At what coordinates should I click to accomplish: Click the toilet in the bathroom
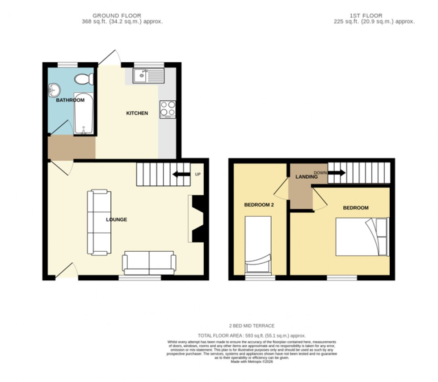click(83, 79)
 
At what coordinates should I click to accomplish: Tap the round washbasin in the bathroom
click(54, 90)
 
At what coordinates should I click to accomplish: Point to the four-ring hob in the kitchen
click(167, 109)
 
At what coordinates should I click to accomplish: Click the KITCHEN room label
click(137, 113)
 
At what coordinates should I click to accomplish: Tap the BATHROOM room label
click(70, 100)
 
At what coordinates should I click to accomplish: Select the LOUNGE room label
click(116, 219)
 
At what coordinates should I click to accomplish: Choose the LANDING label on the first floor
click(306, 177)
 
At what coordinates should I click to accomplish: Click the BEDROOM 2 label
click(258, 205)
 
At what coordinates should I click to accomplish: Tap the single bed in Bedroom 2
click(258, 245)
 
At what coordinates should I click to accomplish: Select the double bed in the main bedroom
click(362, 236)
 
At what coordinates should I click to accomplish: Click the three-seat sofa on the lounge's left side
click(99, 222)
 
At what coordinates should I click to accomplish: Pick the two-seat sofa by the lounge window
click(149, 262)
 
